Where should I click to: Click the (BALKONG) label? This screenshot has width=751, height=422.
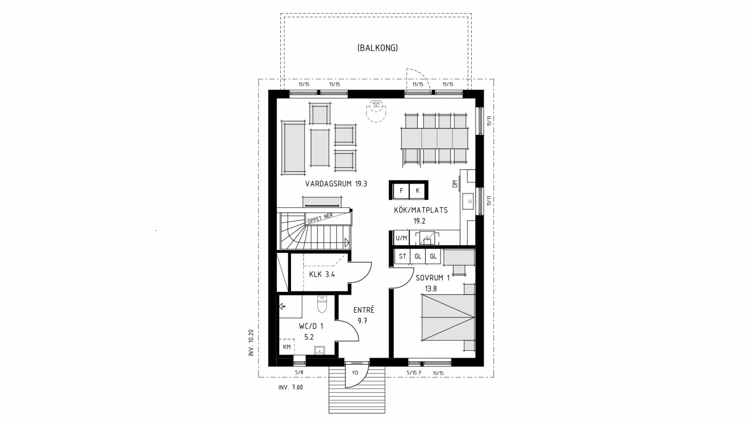pos(377,48)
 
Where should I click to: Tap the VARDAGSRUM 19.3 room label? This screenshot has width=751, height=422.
pos(336,184)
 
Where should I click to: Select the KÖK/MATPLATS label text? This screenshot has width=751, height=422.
pos(421,210)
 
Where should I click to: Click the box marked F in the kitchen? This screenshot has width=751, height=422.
pos(401,191)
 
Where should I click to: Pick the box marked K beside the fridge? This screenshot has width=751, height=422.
pos(418,191)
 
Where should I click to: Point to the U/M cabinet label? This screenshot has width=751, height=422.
pos(401,238)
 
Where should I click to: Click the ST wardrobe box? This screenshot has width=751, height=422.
pos(402,257)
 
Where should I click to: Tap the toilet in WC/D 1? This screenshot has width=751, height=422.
pos(322,304)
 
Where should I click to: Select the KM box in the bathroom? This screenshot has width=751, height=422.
pos(287,347)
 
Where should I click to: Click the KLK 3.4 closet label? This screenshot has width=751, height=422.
pos(322,274)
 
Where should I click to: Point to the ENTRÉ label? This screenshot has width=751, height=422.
pos(364,310)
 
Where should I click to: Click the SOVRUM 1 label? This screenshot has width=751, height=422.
pos(432,278)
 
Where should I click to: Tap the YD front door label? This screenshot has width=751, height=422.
pos(355,373)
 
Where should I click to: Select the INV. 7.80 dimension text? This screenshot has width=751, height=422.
pos(291,388)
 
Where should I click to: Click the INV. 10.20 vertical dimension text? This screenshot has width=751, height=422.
pos(251,343)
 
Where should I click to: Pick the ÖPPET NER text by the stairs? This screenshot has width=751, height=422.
pos(320,218)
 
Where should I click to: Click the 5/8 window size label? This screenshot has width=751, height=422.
pos(299,373)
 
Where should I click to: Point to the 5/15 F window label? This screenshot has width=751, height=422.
pos(414,373)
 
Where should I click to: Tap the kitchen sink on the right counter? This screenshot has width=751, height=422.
pos(467,202)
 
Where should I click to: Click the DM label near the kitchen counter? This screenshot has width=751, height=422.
pos(455,184)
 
